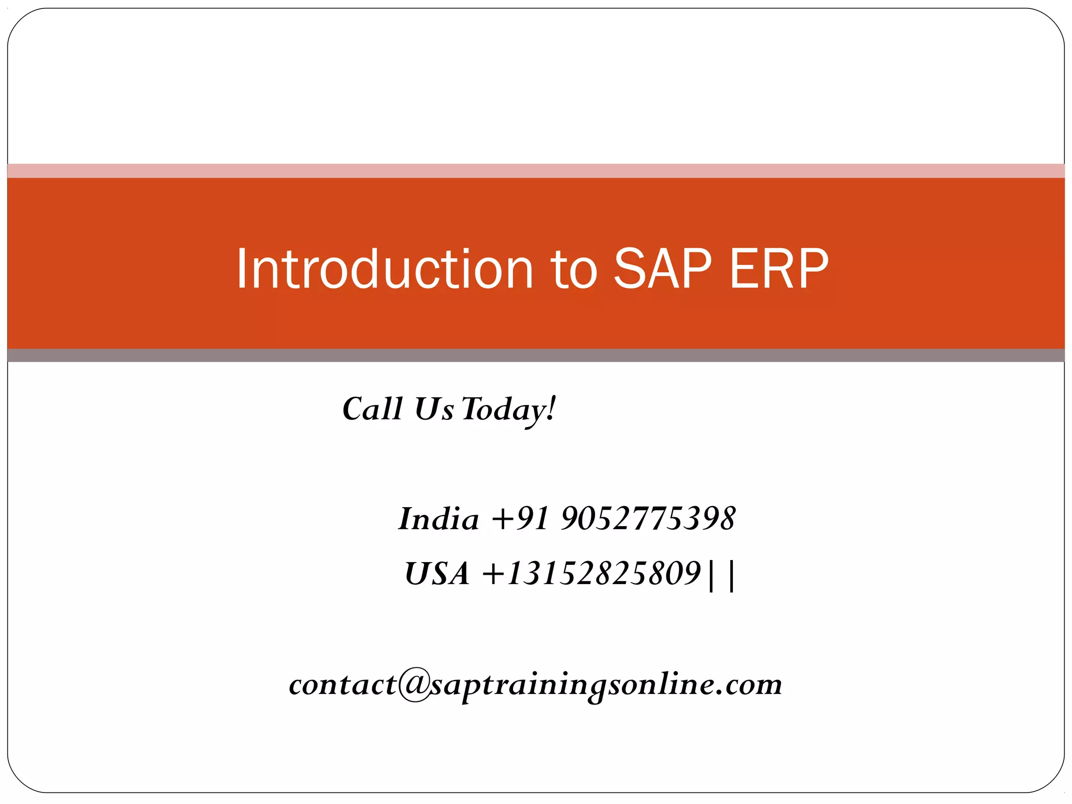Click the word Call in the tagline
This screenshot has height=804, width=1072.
(372, 409)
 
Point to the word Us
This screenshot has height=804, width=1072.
(433, 409)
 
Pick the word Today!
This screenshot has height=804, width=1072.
(508, 410)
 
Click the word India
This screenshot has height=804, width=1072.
(439, 519)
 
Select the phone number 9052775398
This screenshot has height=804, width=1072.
(648, 519)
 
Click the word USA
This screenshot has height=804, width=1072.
(437, 574)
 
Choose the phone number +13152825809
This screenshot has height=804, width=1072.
(591, 574)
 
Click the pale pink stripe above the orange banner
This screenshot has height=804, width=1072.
(536, 171)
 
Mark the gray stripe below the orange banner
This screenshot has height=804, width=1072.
(536, 355)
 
